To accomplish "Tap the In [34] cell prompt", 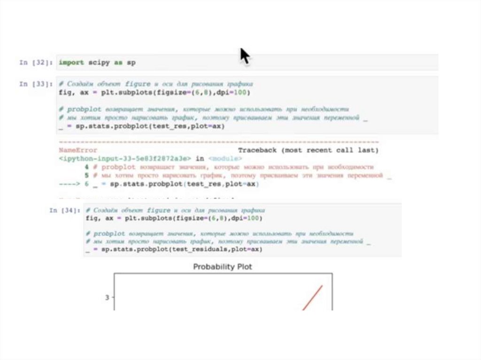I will point(64,211).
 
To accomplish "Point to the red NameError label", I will point(78,150).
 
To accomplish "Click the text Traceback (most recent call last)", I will point(308,150).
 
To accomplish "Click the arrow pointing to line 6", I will point(70,184).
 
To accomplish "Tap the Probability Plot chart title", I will point(223,267).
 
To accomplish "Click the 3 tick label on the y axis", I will point(107,297).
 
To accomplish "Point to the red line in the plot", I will point(312,298).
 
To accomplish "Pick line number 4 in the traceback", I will point(87,167).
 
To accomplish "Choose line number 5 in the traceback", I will point(87,176).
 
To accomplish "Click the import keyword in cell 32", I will point(71,62).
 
